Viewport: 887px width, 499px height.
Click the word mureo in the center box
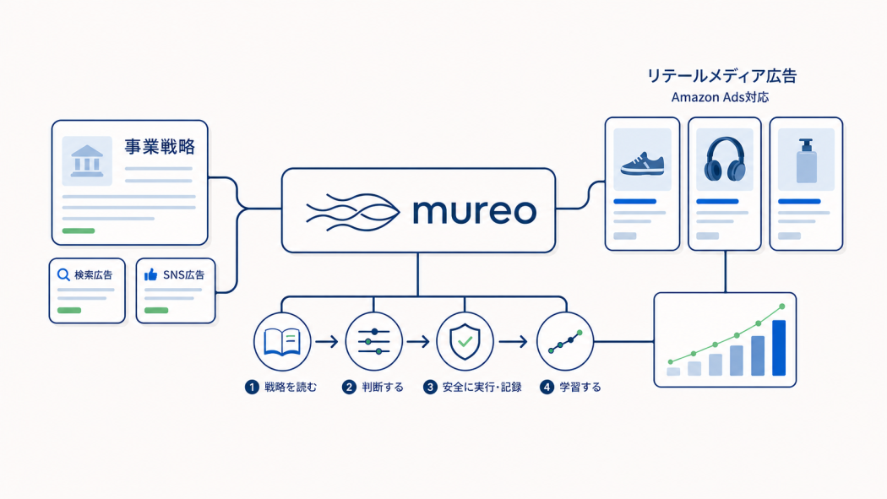474,211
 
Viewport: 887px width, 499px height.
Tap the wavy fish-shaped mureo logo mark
353,212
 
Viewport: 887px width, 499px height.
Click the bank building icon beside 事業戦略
87,161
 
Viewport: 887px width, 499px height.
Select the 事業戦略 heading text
160,147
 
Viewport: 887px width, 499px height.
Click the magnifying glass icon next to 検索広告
63,275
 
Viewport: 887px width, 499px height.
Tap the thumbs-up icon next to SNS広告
150,274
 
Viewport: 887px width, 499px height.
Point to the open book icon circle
282,341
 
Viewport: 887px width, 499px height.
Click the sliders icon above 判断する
374,341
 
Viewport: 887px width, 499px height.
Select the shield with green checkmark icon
465,341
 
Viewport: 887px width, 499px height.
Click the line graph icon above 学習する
564,341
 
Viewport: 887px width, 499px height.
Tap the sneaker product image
643,165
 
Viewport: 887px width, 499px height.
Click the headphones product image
725,159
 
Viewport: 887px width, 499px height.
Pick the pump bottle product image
807,160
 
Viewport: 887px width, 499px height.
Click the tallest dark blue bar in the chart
779,348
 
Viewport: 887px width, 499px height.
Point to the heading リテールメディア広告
721,76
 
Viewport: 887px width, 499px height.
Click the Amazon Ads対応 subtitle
720,97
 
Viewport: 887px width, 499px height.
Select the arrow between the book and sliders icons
326,341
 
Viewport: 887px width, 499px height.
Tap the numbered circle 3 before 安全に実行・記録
431,387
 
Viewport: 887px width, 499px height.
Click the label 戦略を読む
291,387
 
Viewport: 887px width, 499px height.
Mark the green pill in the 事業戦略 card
79,231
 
